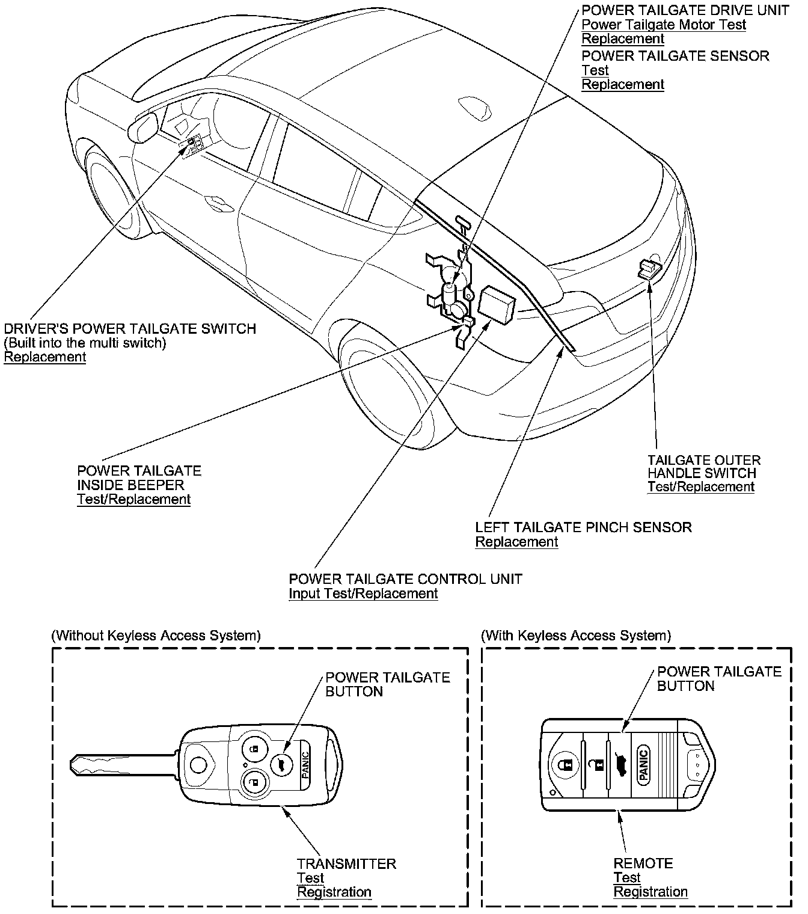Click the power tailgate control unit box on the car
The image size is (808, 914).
497,303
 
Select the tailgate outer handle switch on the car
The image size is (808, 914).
649,268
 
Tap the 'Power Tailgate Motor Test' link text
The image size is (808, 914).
664,25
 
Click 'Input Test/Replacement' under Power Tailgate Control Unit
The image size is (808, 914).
363,593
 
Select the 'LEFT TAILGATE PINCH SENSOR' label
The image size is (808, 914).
583,527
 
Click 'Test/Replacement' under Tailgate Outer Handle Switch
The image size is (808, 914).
700,487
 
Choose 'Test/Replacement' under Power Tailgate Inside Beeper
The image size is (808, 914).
133,499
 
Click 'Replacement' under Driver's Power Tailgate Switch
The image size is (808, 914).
45,357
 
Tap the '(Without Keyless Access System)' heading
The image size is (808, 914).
156,636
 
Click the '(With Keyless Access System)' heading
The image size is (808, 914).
576,636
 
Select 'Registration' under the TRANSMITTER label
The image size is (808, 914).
334,892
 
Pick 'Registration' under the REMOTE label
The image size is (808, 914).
650,892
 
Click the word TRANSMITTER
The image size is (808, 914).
346,863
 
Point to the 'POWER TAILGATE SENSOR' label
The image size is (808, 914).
675,56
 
